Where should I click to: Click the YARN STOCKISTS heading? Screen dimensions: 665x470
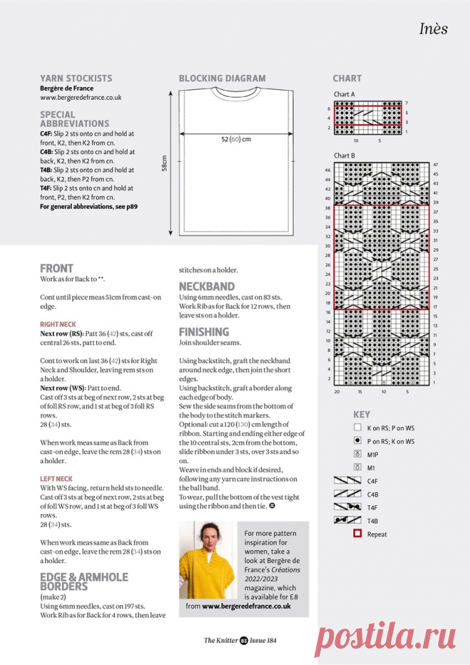coord(75,78)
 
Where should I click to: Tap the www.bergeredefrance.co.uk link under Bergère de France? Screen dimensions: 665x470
coord(80,98)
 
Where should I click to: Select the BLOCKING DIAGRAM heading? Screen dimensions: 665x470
coord(222,78)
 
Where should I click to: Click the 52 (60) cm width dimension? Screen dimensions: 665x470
coord(236,140)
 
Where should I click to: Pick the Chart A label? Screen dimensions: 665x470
coord(344,94)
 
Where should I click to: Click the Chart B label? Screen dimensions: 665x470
coord(344,155)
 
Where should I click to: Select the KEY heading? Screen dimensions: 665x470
coord(362,414)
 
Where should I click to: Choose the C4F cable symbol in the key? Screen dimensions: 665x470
coord(348,480)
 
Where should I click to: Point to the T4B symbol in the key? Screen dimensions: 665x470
coord(348,520)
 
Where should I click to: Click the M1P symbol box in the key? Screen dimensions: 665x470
coord(357,453)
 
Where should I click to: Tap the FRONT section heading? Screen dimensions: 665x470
coord(56,269)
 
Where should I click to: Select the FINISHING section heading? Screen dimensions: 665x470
coord(204,331)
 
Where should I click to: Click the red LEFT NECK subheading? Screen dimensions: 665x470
coord(56,478)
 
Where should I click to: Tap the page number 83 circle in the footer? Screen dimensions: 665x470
coord(244,640)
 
